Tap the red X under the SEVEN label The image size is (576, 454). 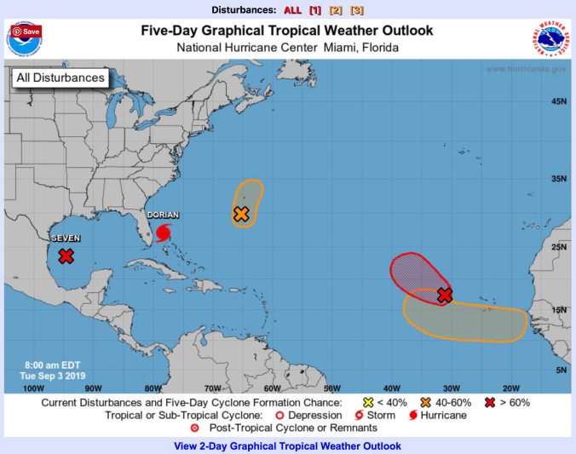point(66,256)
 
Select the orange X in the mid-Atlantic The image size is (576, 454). point(241,214)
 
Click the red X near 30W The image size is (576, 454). point(444,295)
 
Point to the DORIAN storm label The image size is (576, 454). point(163,216)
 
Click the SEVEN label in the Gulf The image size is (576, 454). point(66,239)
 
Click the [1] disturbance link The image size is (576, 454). point(314,9)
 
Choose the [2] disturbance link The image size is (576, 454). point(336,9)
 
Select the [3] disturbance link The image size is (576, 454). point(357,9)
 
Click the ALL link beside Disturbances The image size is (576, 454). point(292,9)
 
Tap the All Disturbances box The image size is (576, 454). point(60,78)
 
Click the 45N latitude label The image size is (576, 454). point(559,101)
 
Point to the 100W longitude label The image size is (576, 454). point(34,388)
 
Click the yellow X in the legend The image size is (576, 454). point(368,402)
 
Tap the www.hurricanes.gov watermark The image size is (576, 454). point(527,69)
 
